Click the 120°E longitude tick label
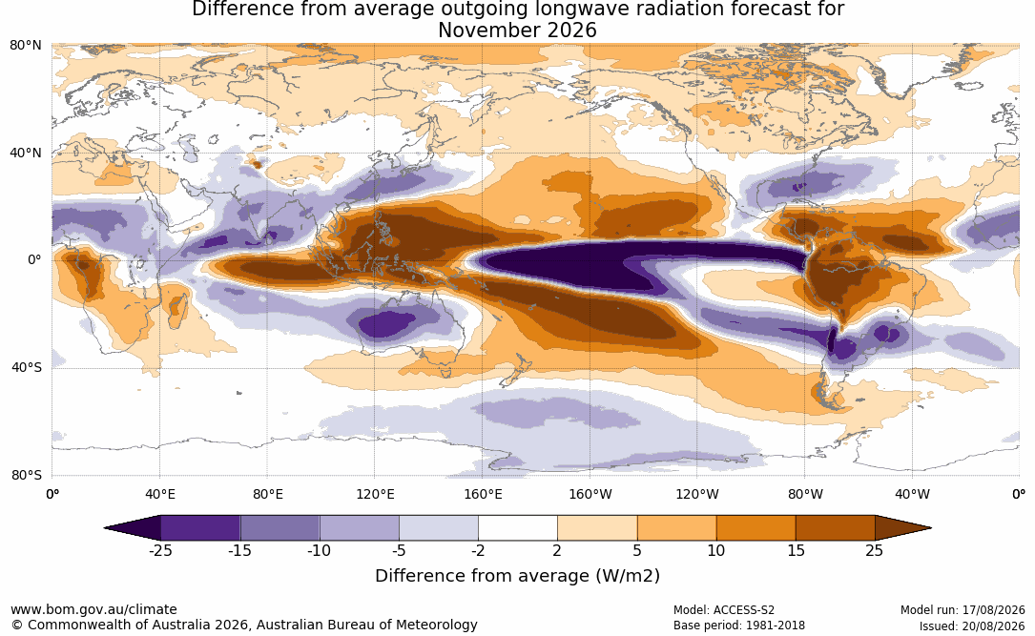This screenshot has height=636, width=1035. pyautogui.click(x=375, y=494)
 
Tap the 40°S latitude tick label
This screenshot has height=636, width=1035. pyautogui.click(x=26, y=367)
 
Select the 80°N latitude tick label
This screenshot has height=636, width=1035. pyautogui.click(x=26, y=45)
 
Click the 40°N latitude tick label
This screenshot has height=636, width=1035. pyautogui.click(x=26, y=153)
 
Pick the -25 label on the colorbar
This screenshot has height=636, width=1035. pyautogui.click(x=160, y=550)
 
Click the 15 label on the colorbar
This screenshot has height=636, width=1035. pyautogui.click(x=796, y=550)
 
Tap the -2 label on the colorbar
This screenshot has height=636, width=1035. pyautogui.click(x=478, y=550)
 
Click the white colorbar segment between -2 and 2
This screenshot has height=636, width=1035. pyautogui.click(x=518, y=528)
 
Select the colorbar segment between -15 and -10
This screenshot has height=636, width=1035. pyautogui.click(x=279, y=528)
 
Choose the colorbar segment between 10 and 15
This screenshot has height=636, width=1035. pyautogui.click(x=756, y=528)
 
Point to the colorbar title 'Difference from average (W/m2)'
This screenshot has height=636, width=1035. pyautogui.click(x=517, y=575)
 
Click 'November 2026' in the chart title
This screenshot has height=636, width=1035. pyautogui.click(x=517, y=31)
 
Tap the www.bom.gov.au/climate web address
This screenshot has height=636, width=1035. pyautogui.click(x=93, y=609)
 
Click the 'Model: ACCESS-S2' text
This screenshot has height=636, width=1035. pyautogui.click(x=723, y=610)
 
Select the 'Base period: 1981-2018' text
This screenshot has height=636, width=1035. pyautogui.click(x=738, y=626)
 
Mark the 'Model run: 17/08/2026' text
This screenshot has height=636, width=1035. pyautogui.click(x=963, y=610)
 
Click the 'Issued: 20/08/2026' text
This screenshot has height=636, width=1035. pyautogui.click(x=972, y=626)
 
